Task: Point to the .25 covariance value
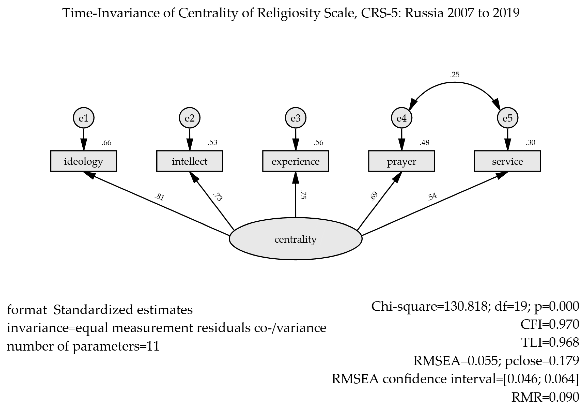point(455,75)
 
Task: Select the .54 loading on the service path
point(432,196)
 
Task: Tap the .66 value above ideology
point(106,143)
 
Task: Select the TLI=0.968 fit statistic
point(550,343)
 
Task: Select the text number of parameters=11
point(83,346)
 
